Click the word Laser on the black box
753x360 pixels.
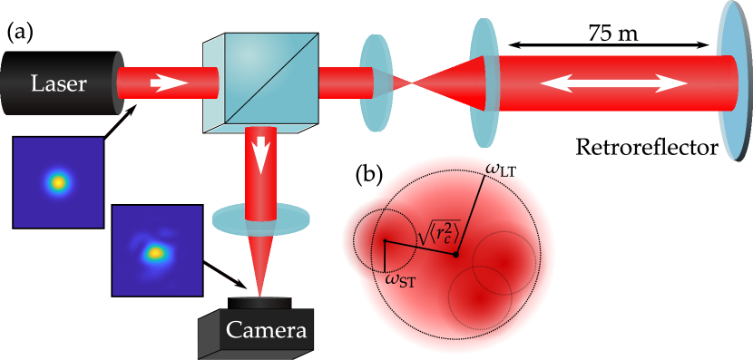coord(58,83)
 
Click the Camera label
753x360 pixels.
coord(266,330)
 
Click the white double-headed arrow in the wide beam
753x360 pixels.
coord(614,83)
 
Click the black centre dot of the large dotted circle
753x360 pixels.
coord(455,255)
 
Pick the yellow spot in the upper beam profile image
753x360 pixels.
coord(58,182)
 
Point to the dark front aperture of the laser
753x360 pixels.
coord(120,83)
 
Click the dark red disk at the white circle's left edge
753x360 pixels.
coord(349,240)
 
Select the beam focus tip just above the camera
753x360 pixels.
coord(260,292)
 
